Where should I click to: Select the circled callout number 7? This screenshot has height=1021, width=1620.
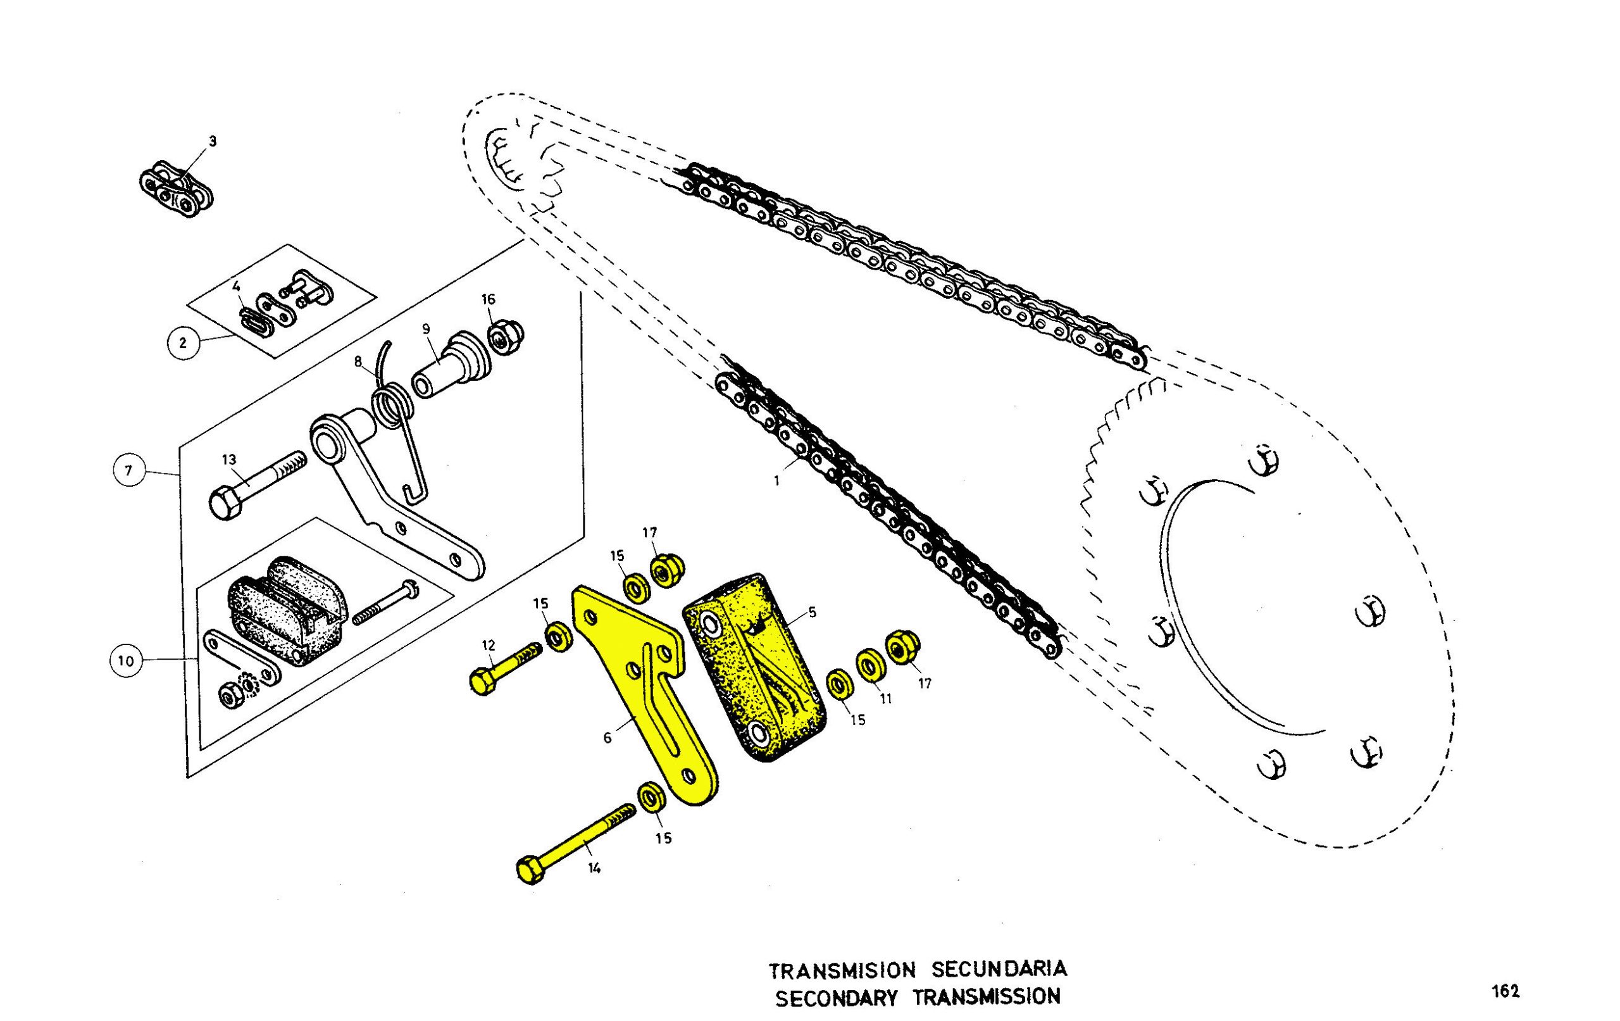click(129, 471)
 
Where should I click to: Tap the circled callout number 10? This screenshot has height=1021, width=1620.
click(127, 661)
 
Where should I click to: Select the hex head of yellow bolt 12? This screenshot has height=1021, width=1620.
click(482, 682)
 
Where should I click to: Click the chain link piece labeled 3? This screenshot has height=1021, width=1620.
click(177, 189)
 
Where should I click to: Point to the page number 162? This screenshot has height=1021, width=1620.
click(1505, 991)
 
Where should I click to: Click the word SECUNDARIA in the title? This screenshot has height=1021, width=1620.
click(1000, 970)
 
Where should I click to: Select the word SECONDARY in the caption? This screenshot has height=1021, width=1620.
click(836, 998)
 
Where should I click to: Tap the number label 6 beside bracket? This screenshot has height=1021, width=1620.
click(607, 738)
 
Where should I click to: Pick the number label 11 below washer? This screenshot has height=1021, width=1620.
click(885, 699)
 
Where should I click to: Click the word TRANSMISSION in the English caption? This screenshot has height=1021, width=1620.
click(987, 998)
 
